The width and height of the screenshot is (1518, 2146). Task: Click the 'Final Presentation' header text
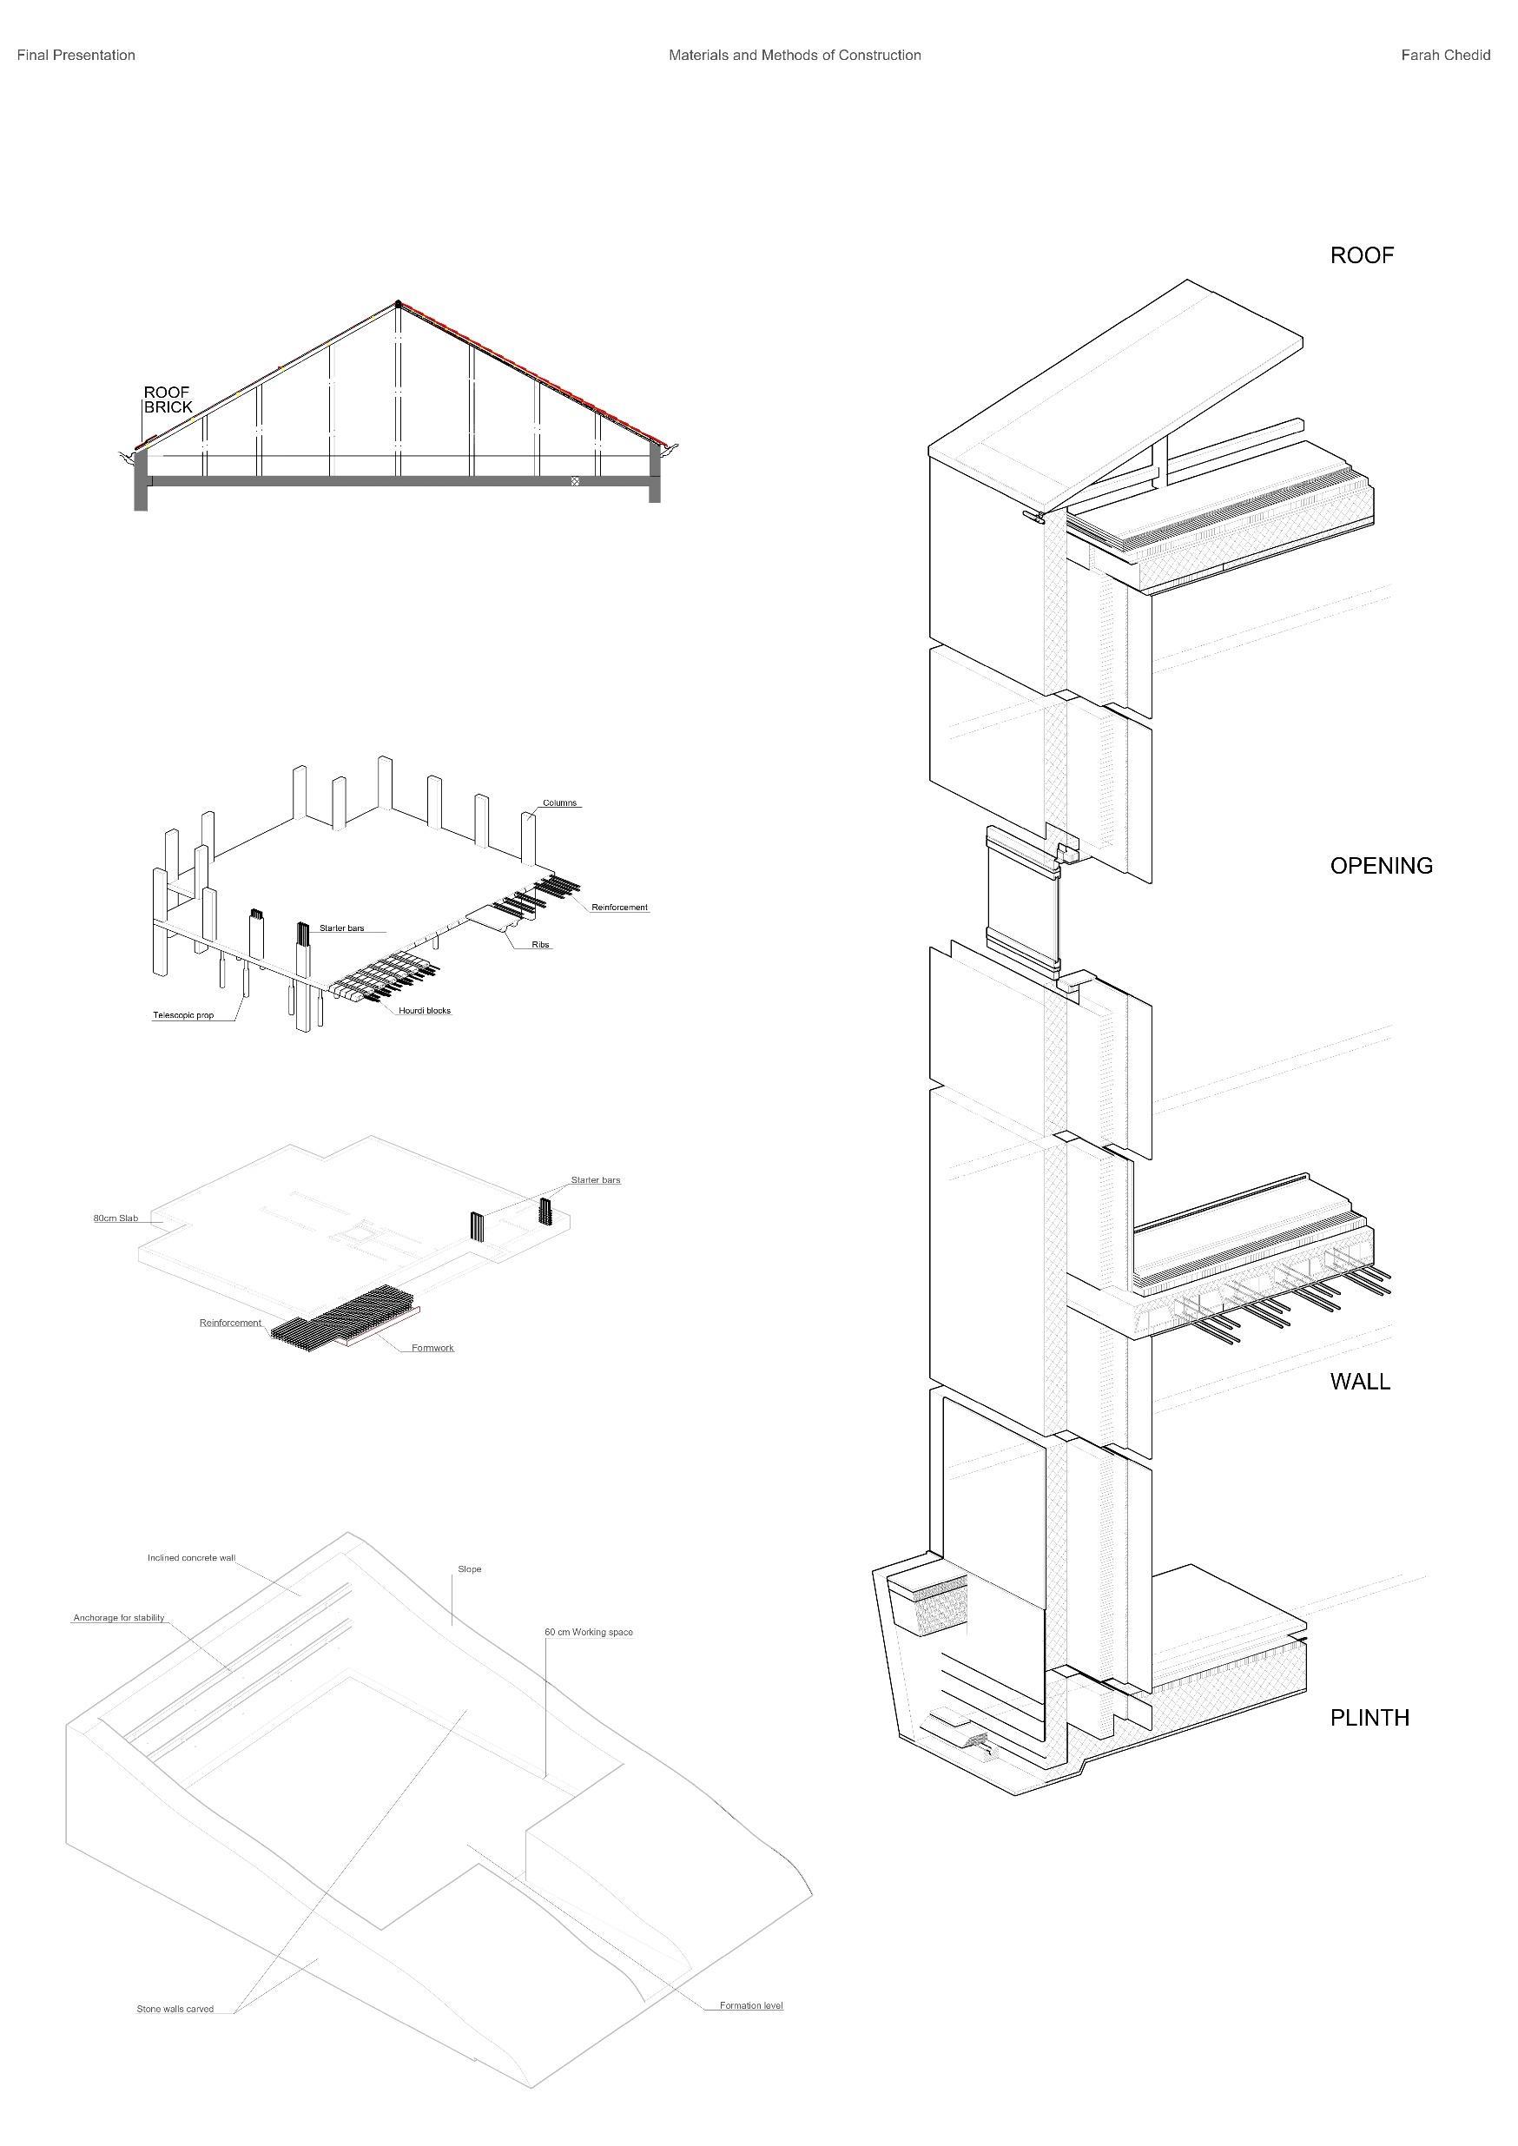click(76, 55)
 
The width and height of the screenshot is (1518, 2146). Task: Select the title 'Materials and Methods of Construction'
click(795, 55)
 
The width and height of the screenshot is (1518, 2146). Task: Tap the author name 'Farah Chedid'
click(1445, 55)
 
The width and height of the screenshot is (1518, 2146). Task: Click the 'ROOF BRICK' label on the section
click(168, 400)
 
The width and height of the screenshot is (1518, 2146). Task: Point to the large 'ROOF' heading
click(1361, 256)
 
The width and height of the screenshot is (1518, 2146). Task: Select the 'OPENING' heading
click(1381, 867)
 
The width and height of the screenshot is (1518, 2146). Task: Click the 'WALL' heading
click(1359, 1383)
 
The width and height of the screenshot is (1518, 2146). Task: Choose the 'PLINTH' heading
click(1369, 1718)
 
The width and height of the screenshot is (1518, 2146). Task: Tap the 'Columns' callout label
click(560, 802)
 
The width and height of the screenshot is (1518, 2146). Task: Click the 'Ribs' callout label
click(540, 945)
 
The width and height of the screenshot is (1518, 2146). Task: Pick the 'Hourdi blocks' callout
click(425, 1010)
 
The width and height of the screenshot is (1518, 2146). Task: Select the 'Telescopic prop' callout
click(183, 1015)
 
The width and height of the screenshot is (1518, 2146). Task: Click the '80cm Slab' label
click(115, 1218)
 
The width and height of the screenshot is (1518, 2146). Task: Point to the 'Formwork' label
click(432, 1348)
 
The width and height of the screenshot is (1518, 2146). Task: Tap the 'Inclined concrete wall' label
click(192, 1558)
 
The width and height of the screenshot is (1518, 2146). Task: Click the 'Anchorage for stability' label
click(119, 1618)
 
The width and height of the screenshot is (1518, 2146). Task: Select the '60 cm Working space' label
click(589, 1632)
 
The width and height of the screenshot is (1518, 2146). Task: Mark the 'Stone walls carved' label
click(175, 2009)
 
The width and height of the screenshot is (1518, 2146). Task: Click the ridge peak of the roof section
click(399, 303)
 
